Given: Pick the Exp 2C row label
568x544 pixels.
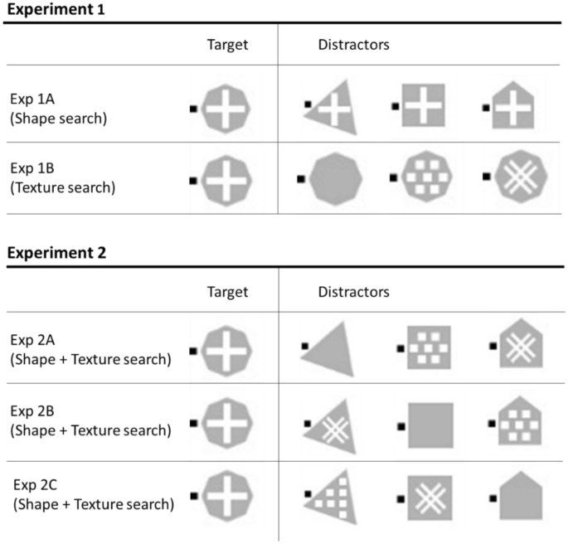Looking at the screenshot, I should pos(91,495).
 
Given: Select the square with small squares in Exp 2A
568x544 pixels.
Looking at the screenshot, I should pos(428,347).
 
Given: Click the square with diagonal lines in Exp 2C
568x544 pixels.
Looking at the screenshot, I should pos(429,498).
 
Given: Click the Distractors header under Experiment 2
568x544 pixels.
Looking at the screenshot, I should pos(354,292).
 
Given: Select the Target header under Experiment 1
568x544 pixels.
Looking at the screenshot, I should pos(227,45).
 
